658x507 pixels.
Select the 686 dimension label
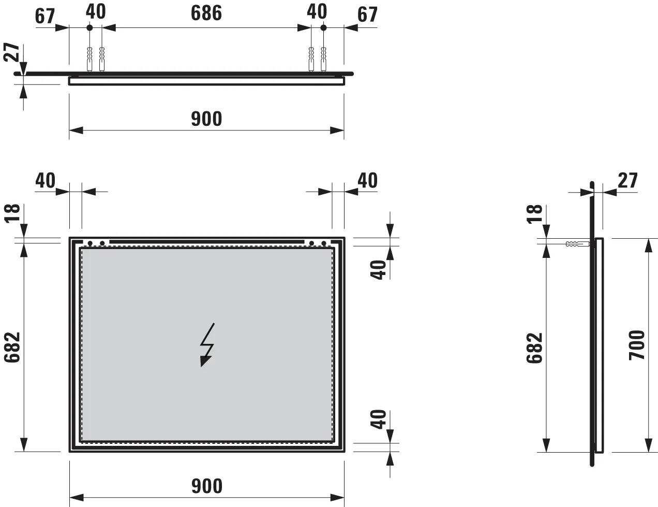206,13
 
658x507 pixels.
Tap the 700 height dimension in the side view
637,345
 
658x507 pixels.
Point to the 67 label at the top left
45,16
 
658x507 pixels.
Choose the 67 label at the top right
368,15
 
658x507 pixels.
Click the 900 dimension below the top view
206,119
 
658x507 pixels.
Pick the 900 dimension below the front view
206,486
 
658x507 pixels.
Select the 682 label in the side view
535,348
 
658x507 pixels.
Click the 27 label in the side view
628,180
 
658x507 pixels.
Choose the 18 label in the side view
535,213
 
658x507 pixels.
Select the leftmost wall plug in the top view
90,59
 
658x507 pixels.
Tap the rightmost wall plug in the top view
324,59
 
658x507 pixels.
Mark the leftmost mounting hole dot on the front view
90,243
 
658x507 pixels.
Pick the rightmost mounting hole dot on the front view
324,243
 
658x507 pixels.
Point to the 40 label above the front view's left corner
45,180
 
